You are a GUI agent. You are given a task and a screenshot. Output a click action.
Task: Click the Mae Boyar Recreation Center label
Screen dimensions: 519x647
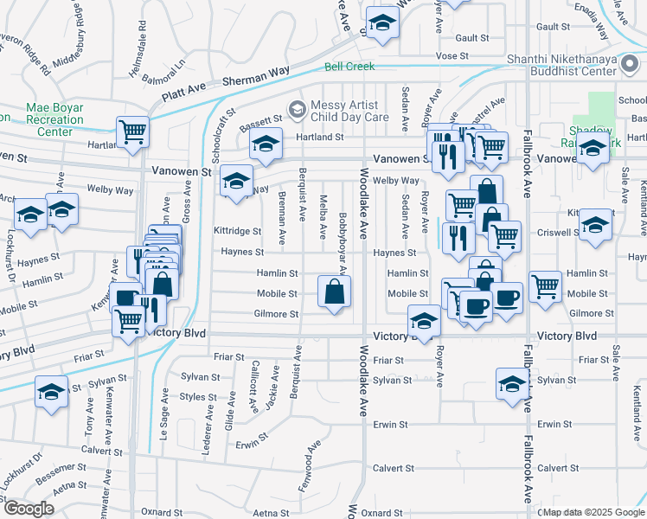pos(54,119)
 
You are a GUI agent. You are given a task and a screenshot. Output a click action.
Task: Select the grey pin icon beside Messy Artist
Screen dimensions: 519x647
pos(298,109)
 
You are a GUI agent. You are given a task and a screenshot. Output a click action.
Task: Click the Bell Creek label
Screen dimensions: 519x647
pos(349,67)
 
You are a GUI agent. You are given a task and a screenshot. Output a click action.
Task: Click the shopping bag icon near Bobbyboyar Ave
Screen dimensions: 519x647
pos(334,292)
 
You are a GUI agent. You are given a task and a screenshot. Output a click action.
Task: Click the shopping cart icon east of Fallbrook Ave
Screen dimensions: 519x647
pos(545,285)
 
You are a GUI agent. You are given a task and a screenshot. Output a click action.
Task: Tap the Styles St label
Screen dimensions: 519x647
pos(198,397)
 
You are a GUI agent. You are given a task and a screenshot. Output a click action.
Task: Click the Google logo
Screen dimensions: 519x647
pos(28,509)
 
